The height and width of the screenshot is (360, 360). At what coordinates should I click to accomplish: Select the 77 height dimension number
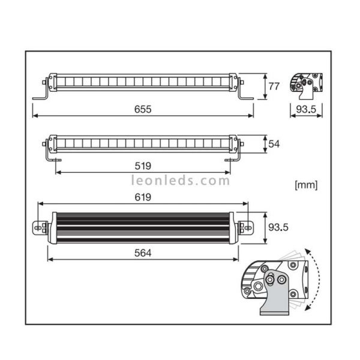274,86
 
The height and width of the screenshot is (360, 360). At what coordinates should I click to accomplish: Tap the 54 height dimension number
274,144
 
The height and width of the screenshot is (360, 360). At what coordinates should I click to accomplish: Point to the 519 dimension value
143,166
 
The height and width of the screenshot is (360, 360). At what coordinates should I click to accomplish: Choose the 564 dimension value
142,253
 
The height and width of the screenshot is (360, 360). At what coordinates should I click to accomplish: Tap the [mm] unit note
306,184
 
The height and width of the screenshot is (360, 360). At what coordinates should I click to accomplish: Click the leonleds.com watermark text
180,180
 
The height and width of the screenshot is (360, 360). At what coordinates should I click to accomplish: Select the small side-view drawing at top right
306,85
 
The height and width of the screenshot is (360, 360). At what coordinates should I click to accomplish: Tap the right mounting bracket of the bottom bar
245,227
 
